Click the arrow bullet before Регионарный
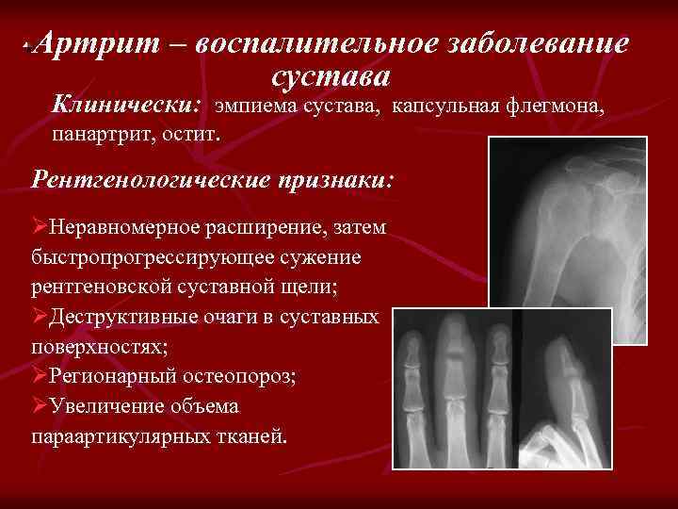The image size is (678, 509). point(40,376)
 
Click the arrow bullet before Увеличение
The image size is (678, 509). point(40,406)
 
